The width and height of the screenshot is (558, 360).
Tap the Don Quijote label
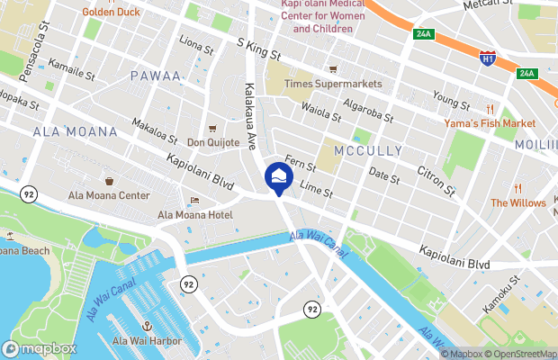pos(213,142)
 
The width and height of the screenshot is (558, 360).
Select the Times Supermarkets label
pos(333,84)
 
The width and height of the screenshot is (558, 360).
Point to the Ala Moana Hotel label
pos(195,214)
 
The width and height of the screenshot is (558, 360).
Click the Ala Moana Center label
pos(109,194)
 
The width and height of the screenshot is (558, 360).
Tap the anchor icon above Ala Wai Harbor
pos(148,325)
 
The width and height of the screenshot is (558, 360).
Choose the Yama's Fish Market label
pos(490,122)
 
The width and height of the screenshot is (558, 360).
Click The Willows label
pos(517,202)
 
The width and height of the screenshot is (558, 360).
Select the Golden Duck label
pos(112,12)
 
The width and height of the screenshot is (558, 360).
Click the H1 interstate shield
pos(487,58)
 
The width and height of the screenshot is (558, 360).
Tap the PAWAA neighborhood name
pos(156,76)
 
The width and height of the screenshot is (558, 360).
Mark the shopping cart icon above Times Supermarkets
pos(333,68)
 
